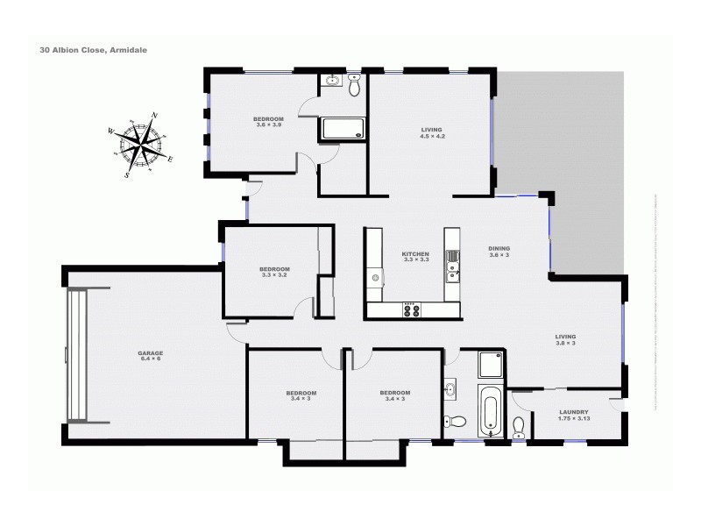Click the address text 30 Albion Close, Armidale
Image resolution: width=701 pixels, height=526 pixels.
pyautogui.click(x=93, y=50)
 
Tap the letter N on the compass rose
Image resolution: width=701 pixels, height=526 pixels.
pyautogui.click(x=155, y=116)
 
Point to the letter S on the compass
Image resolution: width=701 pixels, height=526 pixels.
pyautogui.click(x=127, y=174)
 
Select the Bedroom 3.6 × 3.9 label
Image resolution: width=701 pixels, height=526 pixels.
pyautogui.click(x=269, y=122)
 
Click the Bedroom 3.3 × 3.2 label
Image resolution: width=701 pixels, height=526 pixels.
pyautogui.click(x=274, y=272)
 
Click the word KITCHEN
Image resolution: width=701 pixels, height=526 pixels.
pyautogui.click(x=415, y=254)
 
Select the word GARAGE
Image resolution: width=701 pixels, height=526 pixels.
pyautogui.click(x=150, y=353)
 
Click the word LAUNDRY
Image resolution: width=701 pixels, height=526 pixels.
pyautogui.click(x=573, y=412)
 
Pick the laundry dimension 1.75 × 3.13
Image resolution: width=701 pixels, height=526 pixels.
pyautogui.click(x=573, y=419)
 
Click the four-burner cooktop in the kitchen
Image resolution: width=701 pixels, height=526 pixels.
pyautogui.click(x=411, y=309)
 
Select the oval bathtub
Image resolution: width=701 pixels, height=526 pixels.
pyautogui.click(x=490, y=411)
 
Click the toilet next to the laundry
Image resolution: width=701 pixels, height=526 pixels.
pyautogui.click(x=518, y=428)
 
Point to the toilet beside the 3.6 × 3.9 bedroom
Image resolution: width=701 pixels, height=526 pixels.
pyautogui.click(x=354, y=86)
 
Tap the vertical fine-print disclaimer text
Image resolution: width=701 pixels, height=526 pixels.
pyautogui.click(x=655, y=263)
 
